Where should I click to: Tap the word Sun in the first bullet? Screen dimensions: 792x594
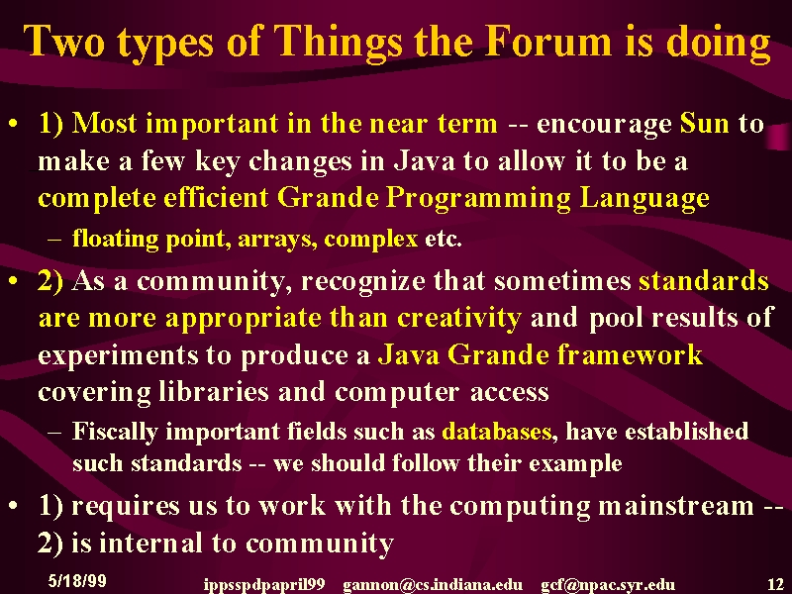pyautogui.click(x=705, y=123)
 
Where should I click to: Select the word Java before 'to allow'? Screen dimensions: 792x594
pyautogui.click(x=425, y=161)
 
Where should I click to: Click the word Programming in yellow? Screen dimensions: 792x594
pyautogui.click(x=478, y=199)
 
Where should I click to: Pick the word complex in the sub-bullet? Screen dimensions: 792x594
pyautogui.click(x=371, y=240)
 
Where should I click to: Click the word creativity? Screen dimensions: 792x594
pyautogui.click(x=459, y=318)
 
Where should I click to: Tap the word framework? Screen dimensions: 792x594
pyautogui.click(x=630, y=354)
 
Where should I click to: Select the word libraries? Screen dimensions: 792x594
pyautogui.click(x=213, y=392)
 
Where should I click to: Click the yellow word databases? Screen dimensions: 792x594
pyautogui.click(x=497, y=432)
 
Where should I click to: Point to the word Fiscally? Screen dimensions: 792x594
pyautogui.click(x=115, y=433)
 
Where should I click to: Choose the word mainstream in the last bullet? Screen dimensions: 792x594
pyautogui.click(x=676, y=506)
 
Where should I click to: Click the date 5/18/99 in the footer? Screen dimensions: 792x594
pyautogui.click(x=77, y=580)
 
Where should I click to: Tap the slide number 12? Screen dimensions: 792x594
pyautogui.click(x=776, y=584)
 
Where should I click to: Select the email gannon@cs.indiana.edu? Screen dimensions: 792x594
pyautogui.click(x=433, y=585)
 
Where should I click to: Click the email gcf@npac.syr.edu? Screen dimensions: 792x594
pyautogui.click(x=608, y=585)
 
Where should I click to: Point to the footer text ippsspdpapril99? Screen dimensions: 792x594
pyautogui.click(x=264, y=585)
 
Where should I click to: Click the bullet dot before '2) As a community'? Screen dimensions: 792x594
pyautogui.click(x=14, y=280)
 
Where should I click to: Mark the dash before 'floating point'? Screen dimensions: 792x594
pyautogui.click(x=54, y=240)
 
